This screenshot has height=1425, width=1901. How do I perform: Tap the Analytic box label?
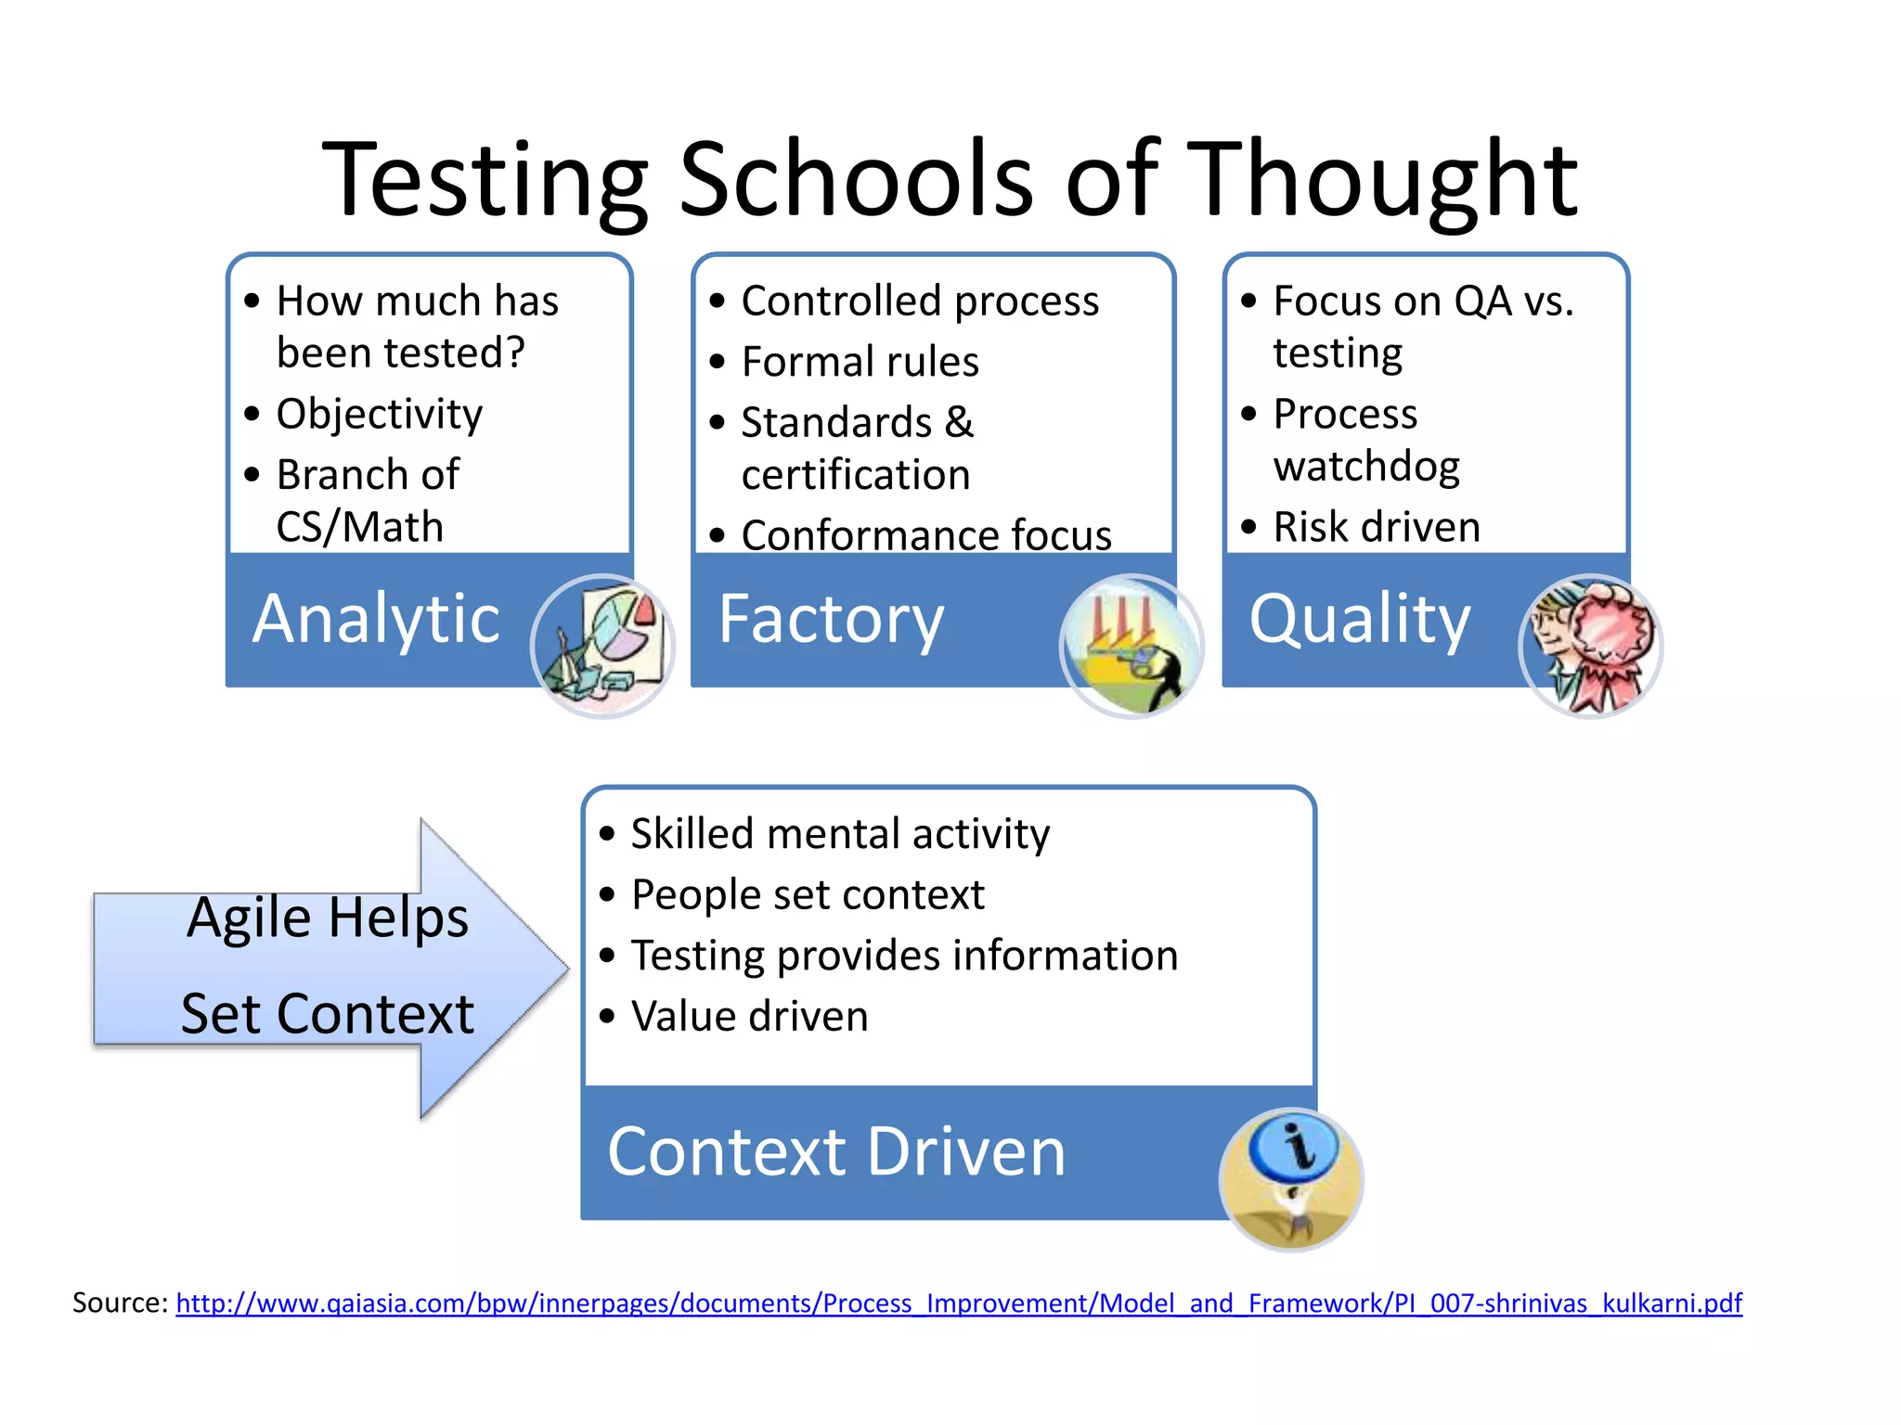[x=377, y=619]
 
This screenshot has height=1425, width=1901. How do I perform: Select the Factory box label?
[x=831, y=619]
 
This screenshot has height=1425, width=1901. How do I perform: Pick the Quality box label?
[x=1360, y=619]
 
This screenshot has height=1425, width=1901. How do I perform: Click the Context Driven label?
[x=836, y=1152]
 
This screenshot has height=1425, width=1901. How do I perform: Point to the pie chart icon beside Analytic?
[x=603, y=646]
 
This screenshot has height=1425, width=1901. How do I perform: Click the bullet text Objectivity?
[x=379, y=414]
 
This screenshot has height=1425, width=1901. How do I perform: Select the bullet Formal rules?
[x=860, y=362]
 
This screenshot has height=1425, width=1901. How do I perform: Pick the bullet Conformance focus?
[x=925, y=535]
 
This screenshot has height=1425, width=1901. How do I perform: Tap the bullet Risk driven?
[x=1376, y=527]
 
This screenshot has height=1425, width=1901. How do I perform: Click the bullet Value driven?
[x=749, y=1016]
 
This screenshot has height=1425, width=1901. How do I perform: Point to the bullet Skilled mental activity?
[x=839, y=833]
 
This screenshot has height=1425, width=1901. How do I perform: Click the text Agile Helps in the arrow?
[x=327, y=918]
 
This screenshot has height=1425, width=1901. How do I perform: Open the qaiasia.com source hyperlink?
[x=958, y=1303]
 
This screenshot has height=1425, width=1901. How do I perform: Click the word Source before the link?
[x=119, y=1303]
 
